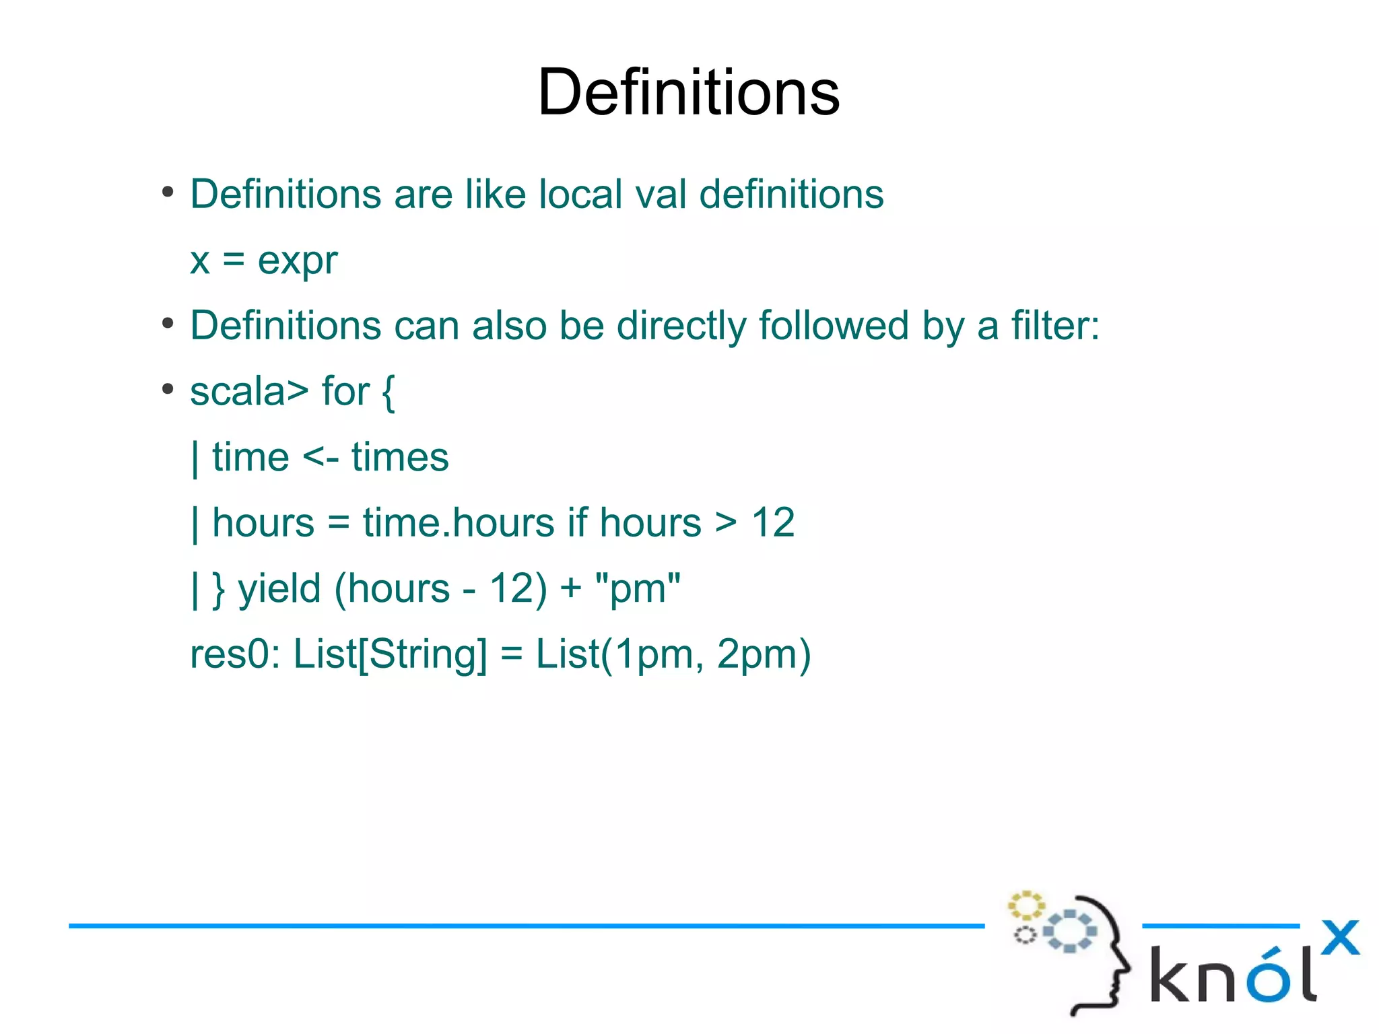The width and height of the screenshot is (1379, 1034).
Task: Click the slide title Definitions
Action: (688, 92)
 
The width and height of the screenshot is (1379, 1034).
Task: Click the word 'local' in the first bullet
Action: (580, 195)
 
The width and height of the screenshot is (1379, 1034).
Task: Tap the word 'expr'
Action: (297, 261)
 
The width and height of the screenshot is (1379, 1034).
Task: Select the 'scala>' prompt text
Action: (248, 392)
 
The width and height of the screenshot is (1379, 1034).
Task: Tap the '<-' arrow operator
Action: (321, 458)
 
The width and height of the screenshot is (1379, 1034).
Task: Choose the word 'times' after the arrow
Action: (400, 458)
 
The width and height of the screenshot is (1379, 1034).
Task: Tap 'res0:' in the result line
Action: (235, 654)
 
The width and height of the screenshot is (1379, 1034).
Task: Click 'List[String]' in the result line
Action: (390, 654)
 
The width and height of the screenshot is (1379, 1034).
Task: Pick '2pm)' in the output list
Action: (764, 654)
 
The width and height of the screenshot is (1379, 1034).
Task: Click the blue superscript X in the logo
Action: (1340, 937)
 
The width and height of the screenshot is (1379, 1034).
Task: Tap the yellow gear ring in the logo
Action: (1025, 905)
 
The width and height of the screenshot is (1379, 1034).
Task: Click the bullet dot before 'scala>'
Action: (168, 390)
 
